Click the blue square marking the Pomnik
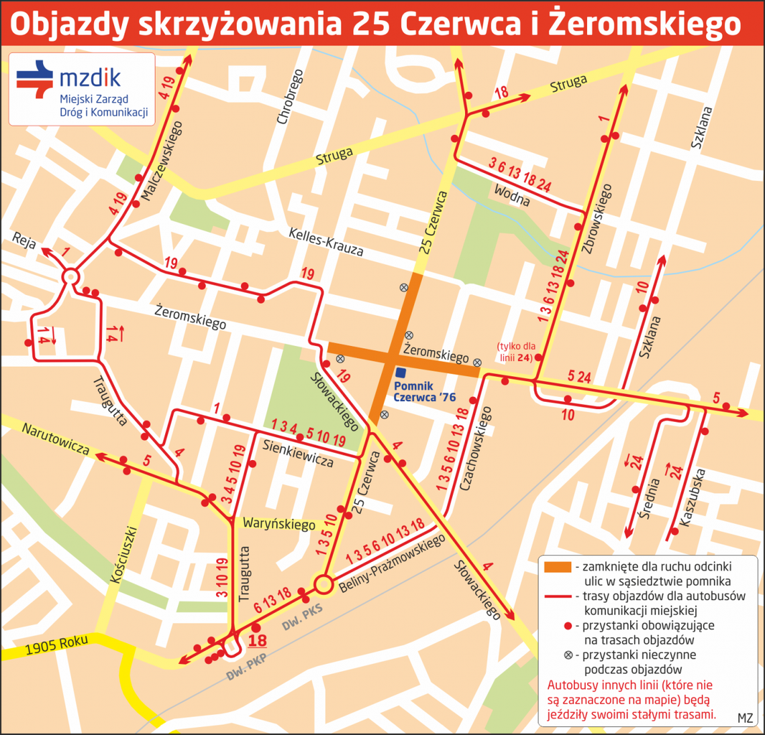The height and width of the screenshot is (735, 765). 401,372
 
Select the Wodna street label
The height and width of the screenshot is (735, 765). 511,195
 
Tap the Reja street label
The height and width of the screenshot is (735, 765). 24,241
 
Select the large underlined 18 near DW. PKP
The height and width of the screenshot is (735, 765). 257,640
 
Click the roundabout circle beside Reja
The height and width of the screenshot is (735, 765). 70,276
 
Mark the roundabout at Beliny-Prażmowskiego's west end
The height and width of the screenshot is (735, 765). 323,584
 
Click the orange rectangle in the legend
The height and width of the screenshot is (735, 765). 557,567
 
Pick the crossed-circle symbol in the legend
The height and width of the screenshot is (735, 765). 568,655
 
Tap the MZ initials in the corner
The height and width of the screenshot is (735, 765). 745,718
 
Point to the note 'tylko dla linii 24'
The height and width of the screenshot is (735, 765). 516,352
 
